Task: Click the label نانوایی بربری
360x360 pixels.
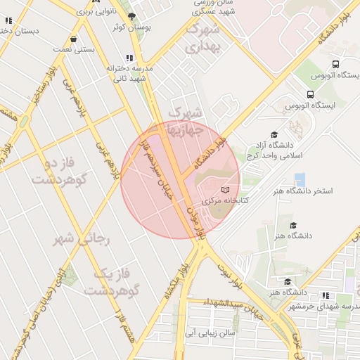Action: tap(87, 12)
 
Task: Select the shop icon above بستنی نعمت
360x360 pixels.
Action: tap(74, 40)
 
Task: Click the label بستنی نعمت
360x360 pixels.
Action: tap(74, 51)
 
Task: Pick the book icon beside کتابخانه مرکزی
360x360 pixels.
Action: tap(225, 190)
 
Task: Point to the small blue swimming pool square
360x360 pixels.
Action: tap(300, 179)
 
